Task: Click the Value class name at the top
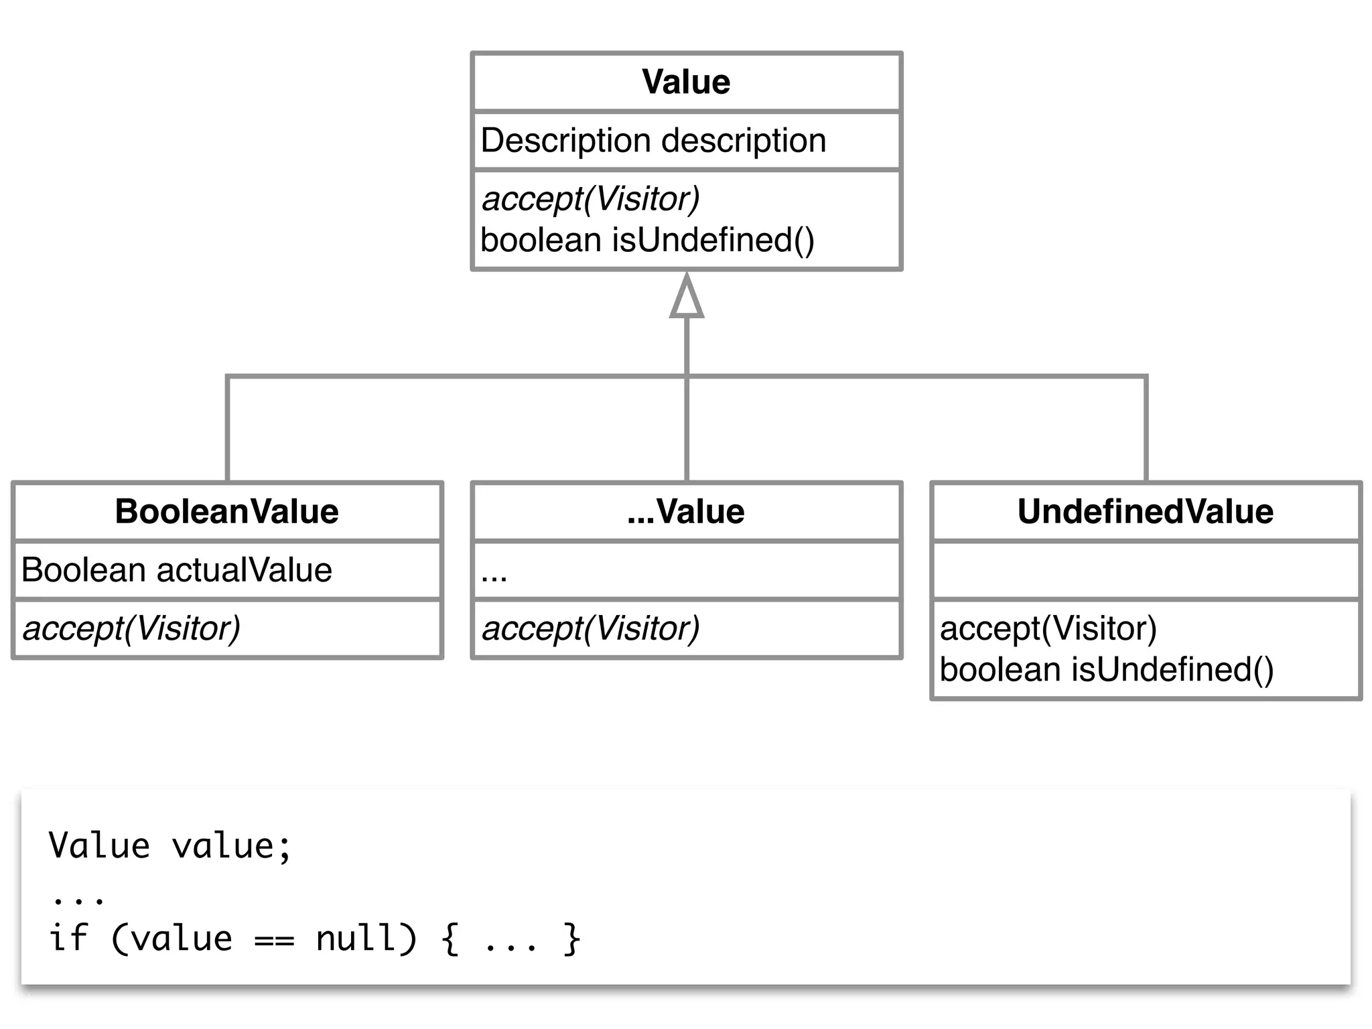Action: (686, 82)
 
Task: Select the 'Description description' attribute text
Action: (653, 141)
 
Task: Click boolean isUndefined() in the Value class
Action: (647, 241)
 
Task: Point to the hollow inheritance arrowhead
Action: (687, 298)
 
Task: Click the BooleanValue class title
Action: (226, 512)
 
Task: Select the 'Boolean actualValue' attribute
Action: (177, 570)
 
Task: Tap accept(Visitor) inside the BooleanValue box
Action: (131, 628)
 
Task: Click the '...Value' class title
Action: (686, 512)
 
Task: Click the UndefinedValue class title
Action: (1146, 512)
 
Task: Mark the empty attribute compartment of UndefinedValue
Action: (1146, 570)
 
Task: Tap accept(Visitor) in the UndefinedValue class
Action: (1048, 628)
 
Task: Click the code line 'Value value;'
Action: (170, 845)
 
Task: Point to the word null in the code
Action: (355, 938)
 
